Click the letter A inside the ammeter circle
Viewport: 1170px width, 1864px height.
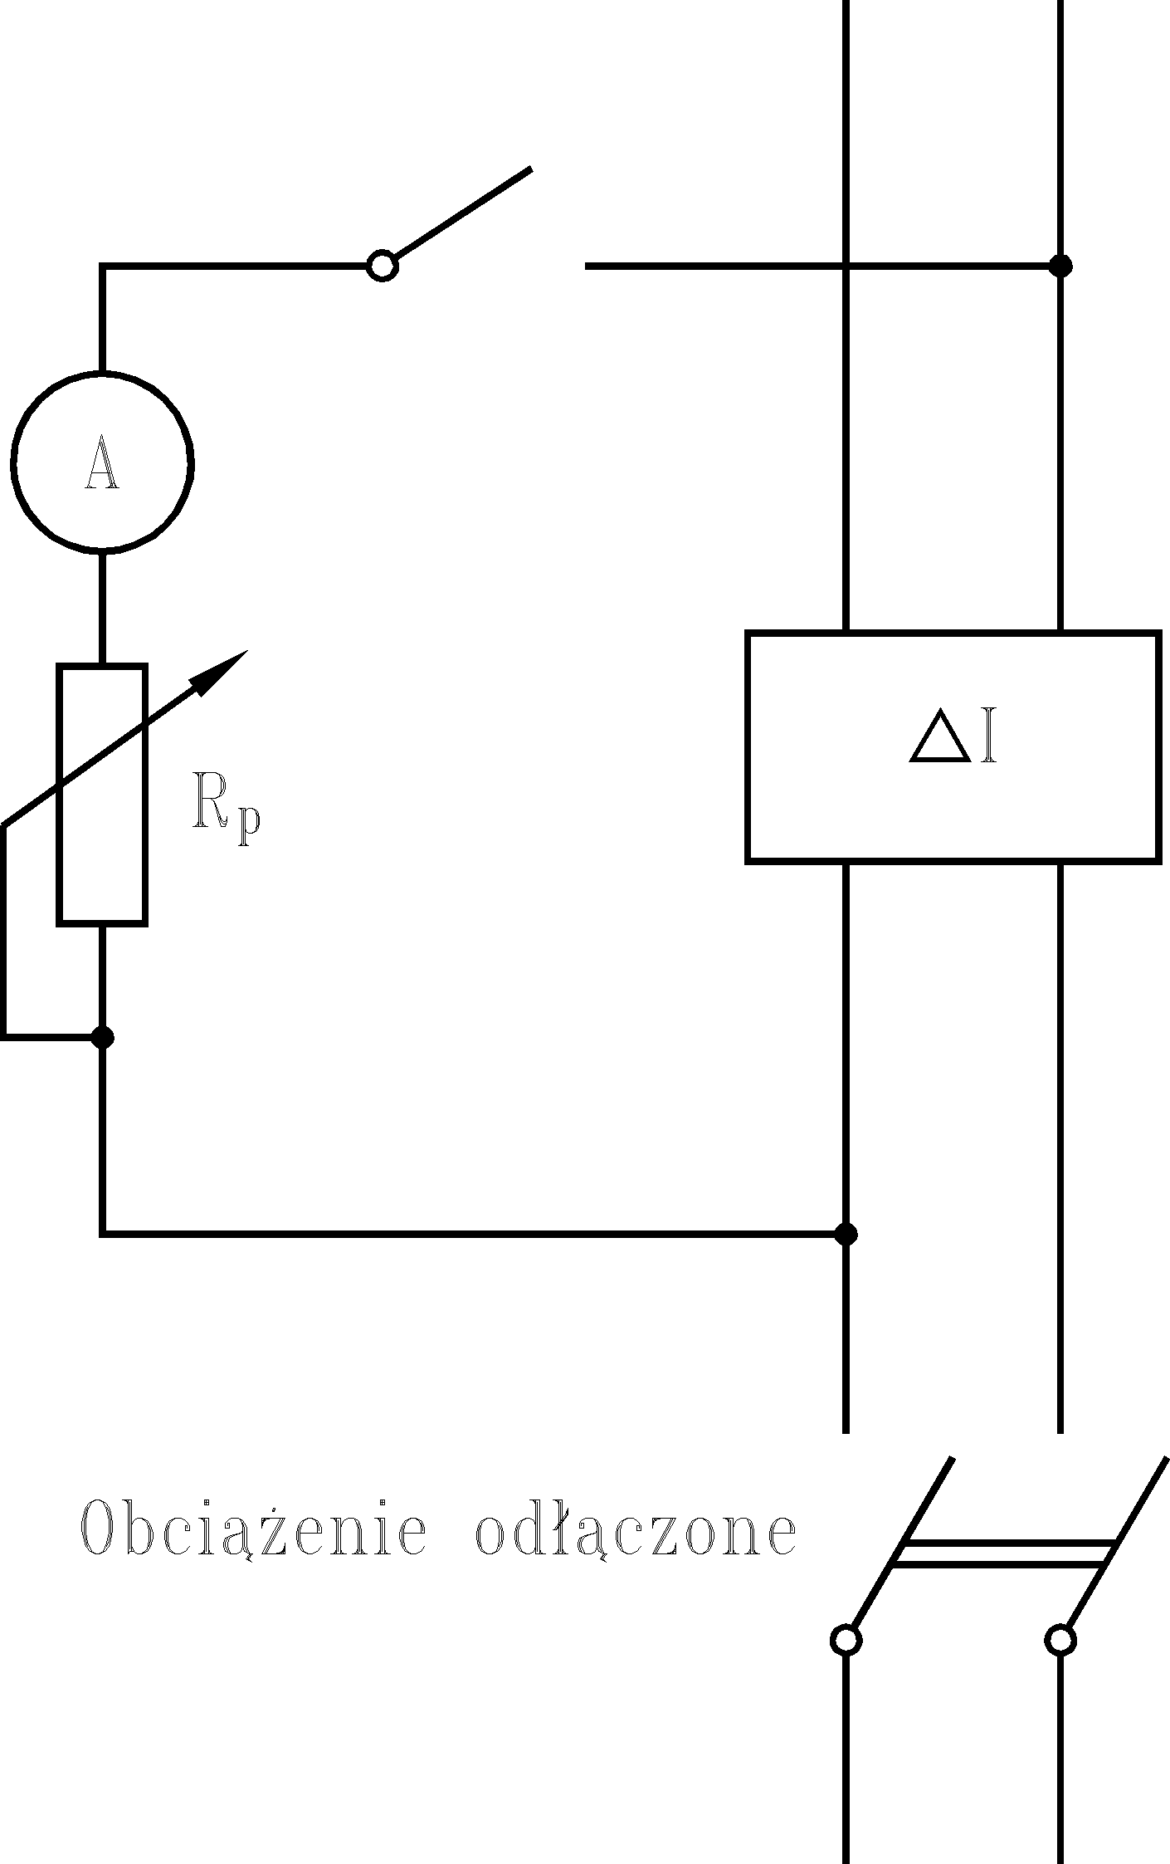(x=102, y=462)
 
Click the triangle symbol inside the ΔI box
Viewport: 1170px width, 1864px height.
(x=939, y=736)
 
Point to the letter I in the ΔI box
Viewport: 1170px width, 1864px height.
(x=987, y=736)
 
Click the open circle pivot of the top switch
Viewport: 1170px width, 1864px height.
(x=383, y=266)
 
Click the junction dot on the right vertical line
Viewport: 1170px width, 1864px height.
(x=1060, y=266)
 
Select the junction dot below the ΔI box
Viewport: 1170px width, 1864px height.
(x=845, y=1234)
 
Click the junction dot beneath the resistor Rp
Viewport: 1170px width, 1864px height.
(x=102, y=1037)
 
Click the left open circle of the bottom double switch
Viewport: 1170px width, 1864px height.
(x=846, y=1640)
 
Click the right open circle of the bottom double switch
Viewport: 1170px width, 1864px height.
(x=1060, y=1640)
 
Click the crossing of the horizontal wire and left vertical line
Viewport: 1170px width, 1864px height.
(x=845, y=266)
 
